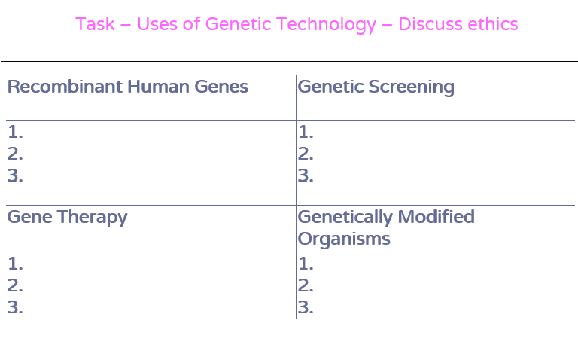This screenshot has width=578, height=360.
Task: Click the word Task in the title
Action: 95,24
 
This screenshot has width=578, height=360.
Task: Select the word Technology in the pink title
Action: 326,25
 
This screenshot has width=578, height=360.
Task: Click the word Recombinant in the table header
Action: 65,87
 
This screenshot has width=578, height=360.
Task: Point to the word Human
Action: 159,87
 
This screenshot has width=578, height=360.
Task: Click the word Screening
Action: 411,87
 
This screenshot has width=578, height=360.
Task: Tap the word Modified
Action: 436,216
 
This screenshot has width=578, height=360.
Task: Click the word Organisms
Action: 343,239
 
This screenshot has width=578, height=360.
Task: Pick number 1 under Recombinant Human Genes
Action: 15,132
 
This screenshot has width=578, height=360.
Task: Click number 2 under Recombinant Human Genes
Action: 15,154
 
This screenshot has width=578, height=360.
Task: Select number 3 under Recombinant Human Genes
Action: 15,176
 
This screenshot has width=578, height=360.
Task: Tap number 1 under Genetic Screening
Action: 306,132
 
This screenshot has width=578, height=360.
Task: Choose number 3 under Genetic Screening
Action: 306,176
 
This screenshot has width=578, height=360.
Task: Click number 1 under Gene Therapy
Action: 15,264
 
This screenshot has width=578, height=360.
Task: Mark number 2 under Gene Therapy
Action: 15,285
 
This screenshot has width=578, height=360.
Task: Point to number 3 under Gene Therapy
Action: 15,307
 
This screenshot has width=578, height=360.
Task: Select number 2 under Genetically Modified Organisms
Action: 306,285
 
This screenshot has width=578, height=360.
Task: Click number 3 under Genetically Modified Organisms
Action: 306,307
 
